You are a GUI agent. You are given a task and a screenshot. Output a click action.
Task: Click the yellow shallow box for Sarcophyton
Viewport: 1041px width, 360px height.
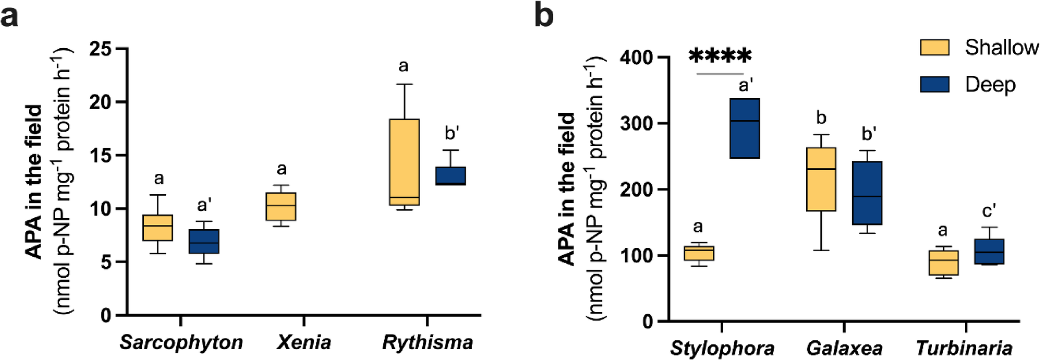coord(157,227)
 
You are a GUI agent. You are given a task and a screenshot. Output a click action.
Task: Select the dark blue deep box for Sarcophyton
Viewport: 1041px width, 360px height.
coord(204,241)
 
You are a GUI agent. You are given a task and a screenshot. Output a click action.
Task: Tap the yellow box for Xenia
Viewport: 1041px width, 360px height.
coord(281,206)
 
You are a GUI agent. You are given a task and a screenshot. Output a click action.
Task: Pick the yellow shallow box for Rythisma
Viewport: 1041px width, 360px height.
coord(404,162)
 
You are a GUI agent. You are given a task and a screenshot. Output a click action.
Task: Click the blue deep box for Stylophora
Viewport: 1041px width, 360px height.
coord(745,128)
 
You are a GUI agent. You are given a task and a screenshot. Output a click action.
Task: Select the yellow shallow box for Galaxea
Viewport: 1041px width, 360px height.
coord(821,179)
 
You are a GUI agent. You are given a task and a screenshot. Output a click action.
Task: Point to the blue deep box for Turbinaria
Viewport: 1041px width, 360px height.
coord(989,252)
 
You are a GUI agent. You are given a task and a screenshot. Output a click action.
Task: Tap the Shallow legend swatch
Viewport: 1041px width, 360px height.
coord(934,48)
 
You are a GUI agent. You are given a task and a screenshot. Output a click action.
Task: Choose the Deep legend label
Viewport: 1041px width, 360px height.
coord(990,85)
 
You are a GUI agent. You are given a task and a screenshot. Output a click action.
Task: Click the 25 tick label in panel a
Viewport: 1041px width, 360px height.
coord(100,49)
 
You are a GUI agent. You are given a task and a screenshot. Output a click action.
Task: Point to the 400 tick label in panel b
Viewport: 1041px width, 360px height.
coord(636,58)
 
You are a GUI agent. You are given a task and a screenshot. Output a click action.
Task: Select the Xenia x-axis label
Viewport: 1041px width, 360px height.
coord(304,342)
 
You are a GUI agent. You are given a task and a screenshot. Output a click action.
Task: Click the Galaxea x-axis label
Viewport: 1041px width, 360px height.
coord(844,348)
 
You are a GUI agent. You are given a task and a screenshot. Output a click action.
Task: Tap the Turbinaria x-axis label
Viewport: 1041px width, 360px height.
coord(964,348)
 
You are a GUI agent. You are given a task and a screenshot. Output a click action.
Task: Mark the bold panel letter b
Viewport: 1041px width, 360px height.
coord(543,16)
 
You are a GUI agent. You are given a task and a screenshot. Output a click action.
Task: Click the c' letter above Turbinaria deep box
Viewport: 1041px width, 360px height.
coord(989,210)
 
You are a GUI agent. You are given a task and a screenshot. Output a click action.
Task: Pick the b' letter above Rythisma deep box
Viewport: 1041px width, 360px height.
coord(452,133)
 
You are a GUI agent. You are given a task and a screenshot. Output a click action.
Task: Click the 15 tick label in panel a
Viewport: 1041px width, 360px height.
coord(100,155)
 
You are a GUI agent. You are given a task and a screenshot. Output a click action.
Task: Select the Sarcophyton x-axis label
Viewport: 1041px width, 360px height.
coord(181,342)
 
